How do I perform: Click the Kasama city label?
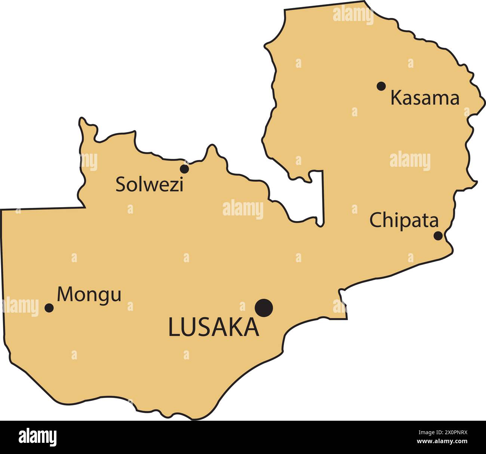tap(425, 98)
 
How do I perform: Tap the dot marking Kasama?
tap(381, 86)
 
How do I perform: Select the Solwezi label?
tap(149, 184)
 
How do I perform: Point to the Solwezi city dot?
tap(184, 169)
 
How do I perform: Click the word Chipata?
tap(404, 221)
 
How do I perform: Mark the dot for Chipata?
tap(438, 236)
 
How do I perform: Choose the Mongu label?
tap(89, 295)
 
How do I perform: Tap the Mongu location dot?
tap(49, 308)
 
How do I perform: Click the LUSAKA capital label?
tap(213, 327)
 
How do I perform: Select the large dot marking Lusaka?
tap(264, 308)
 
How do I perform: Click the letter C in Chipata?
tap(375, 220)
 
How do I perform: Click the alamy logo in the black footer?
tap(38, 437)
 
